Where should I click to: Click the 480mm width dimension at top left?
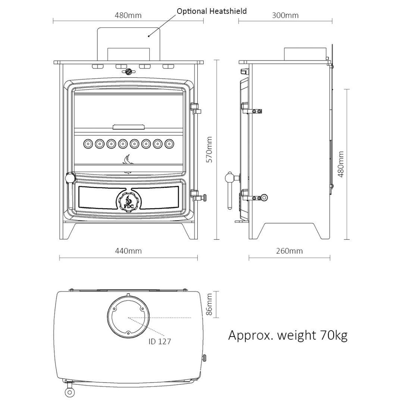coord(128,15)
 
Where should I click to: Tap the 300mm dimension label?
coord(285,15)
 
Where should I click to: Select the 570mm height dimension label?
coord(209,149)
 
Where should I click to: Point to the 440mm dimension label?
coord(128,251)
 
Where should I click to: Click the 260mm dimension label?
coord(289,251)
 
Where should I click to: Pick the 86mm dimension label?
coord(209,304)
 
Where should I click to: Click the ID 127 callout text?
coord(159,341)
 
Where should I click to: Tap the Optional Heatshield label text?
coord(212,11)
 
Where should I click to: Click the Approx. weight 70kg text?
coord(288,335)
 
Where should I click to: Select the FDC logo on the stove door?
coord(128,202)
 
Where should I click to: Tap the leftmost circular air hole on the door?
coord(88,143)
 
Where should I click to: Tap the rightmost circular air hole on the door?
coord(170,143)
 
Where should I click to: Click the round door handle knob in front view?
coord(69,178)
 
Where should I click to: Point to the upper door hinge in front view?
coord(195,107)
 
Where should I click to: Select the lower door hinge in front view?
coord(196,194)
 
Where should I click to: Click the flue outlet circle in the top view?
coord(128,316)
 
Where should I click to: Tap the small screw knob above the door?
coord(128,71)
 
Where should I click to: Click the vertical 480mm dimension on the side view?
coord(340,164)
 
